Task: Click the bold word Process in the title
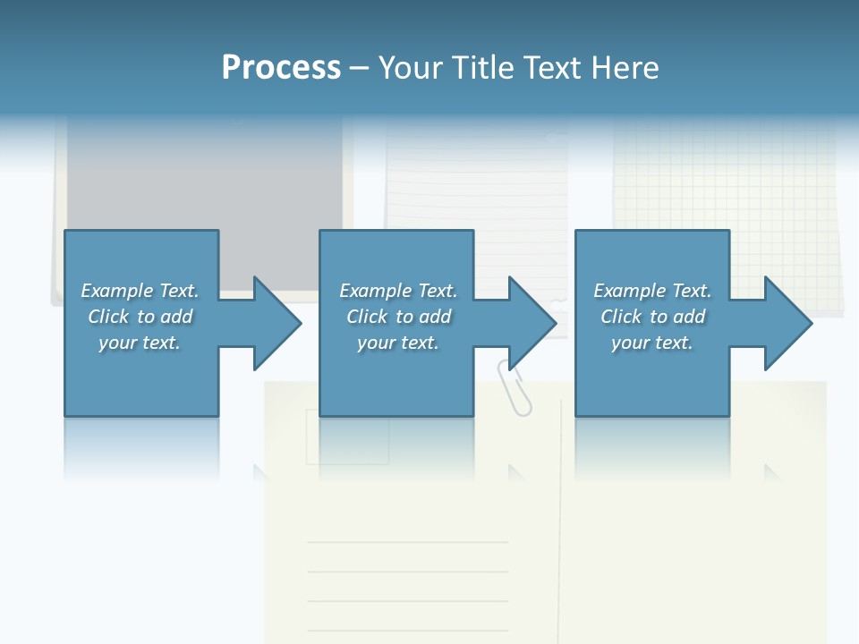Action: [x=281, y=68]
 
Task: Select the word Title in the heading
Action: [x=482, y=68]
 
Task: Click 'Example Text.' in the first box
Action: [x=140, y=291]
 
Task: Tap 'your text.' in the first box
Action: [x=140, y=343]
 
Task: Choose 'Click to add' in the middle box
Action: [x=398, y=317]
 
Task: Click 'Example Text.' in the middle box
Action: [x=398, y=291]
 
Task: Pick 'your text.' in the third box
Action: [x=652, y=343]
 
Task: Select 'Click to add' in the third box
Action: [x=652, y=317]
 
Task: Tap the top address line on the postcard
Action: [x=407, y=542]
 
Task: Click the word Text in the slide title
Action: [x=551, y=68]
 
